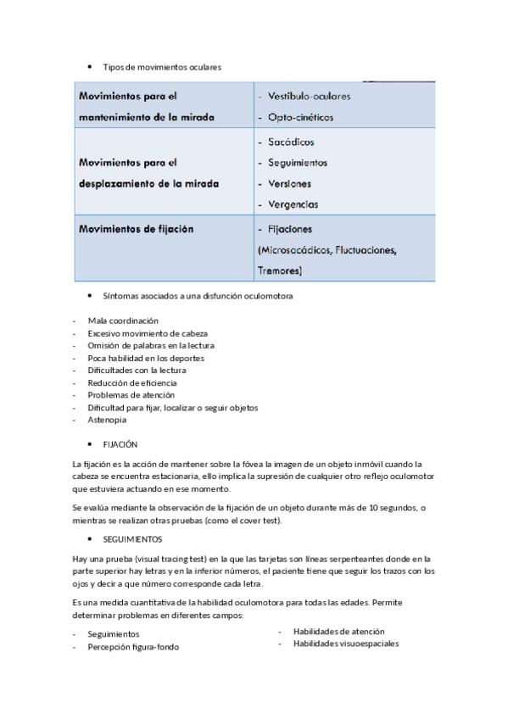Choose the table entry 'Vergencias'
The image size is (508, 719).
coord(293,203)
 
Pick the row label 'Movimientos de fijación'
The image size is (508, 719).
coord(136,229)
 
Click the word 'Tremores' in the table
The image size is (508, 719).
coord(278,270)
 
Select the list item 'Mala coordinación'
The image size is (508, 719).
coord(123,321)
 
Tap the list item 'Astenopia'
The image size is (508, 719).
coord(107,420)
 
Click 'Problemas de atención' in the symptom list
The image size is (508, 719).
coord(131,395)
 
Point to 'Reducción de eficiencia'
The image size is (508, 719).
coord(132,383)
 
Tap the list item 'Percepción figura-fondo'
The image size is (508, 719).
coord(133,647)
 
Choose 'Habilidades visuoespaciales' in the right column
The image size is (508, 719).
coord(346,644)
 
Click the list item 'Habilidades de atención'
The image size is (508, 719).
coord(338,632)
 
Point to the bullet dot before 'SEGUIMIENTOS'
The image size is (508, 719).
coord(89,538)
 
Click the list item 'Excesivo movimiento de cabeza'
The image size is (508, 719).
coord(148,334)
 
